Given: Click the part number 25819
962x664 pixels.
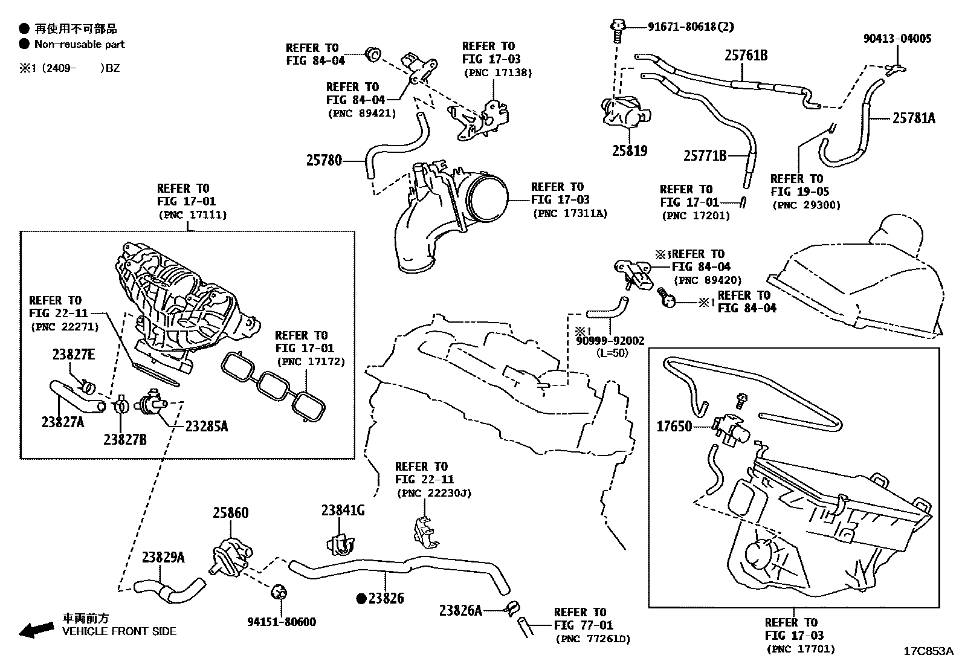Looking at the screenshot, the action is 630,151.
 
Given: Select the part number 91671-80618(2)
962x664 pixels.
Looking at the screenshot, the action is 691,27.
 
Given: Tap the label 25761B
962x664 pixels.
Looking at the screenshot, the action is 746,56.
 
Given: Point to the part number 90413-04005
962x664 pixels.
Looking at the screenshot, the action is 897,39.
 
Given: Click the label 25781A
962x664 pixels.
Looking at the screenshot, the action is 914,118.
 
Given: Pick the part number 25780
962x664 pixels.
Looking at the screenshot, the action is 324,161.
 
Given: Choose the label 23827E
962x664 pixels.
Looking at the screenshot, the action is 74,354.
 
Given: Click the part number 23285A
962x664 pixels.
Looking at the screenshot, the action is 207,427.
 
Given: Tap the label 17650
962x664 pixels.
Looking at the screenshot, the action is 674,427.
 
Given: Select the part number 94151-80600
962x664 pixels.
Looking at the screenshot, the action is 282,622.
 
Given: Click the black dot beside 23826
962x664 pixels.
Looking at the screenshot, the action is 361,598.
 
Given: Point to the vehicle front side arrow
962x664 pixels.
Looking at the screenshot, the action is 36,630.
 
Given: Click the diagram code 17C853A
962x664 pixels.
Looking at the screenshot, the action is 929,651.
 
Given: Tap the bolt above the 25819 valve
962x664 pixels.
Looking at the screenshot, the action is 617,30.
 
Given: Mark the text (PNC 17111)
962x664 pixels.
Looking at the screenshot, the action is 193,214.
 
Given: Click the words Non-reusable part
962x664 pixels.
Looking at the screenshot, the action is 79,44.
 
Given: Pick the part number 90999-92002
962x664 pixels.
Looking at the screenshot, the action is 610,341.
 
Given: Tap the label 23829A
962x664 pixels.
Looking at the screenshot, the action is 163,558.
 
